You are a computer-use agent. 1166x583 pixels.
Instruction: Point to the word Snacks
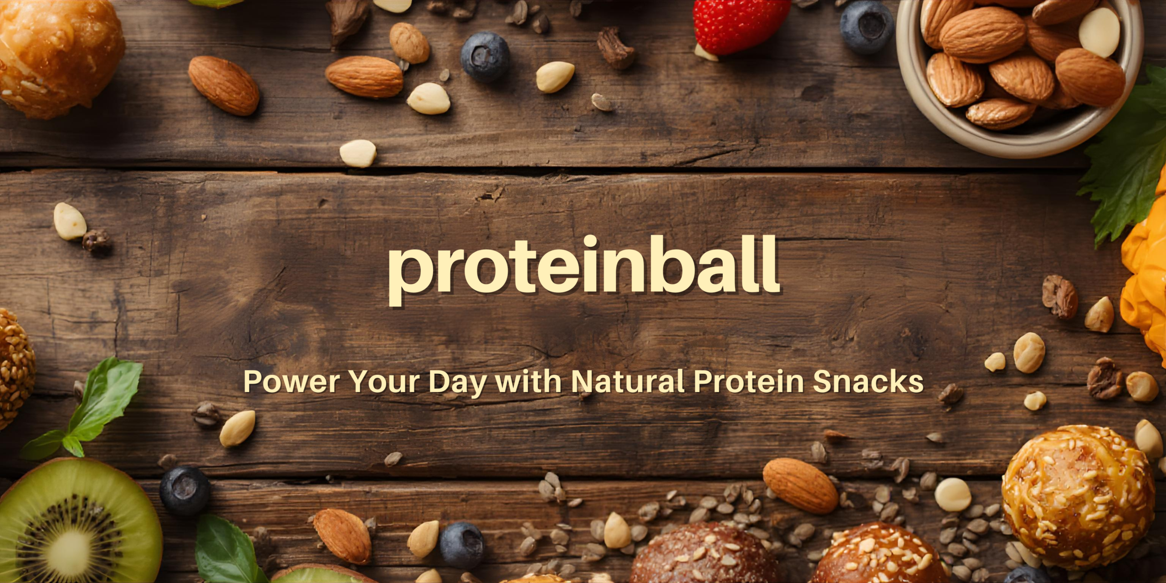868,381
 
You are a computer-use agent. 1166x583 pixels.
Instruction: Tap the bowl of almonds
1020,73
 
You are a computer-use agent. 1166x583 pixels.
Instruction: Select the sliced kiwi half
75,524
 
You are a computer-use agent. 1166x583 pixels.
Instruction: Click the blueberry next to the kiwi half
184,490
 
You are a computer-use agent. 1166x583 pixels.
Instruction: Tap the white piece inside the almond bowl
1099,32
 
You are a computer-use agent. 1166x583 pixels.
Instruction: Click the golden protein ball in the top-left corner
57,55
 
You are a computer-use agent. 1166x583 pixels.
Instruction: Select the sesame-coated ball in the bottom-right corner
1077,496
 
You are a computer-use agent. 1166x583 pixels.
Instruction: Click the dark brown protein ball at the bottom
704,556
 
